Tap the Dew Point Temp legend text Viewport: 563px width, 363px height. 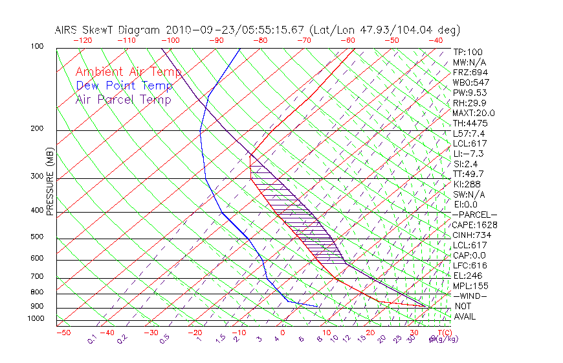tap(124, 86)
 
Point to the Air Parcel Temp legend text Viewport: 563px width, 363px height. tap(123, 99)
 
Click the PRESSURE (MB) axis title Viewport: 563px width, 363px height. tap(50, 182)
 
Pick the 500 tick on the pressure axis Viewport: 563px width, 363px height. tap(38, 237)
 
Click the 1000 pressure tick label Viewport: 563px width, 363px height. tap(36, 318)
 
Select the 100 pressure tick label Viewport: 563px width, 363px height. tap(38, 46)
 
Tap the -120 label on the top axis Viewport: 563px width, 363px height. tap(82, 40)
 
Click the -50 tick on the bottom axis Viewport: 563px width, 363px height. tap(63, 333)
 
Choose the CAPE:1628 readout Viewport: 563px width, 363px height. tap(470, 224)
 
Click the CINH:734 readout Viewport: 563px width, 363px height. tap(470, 235)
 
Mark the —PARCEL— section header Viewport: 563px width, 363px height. tap(474, 215)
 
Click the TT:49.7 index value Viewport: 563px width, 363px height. tap(468, 174)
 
